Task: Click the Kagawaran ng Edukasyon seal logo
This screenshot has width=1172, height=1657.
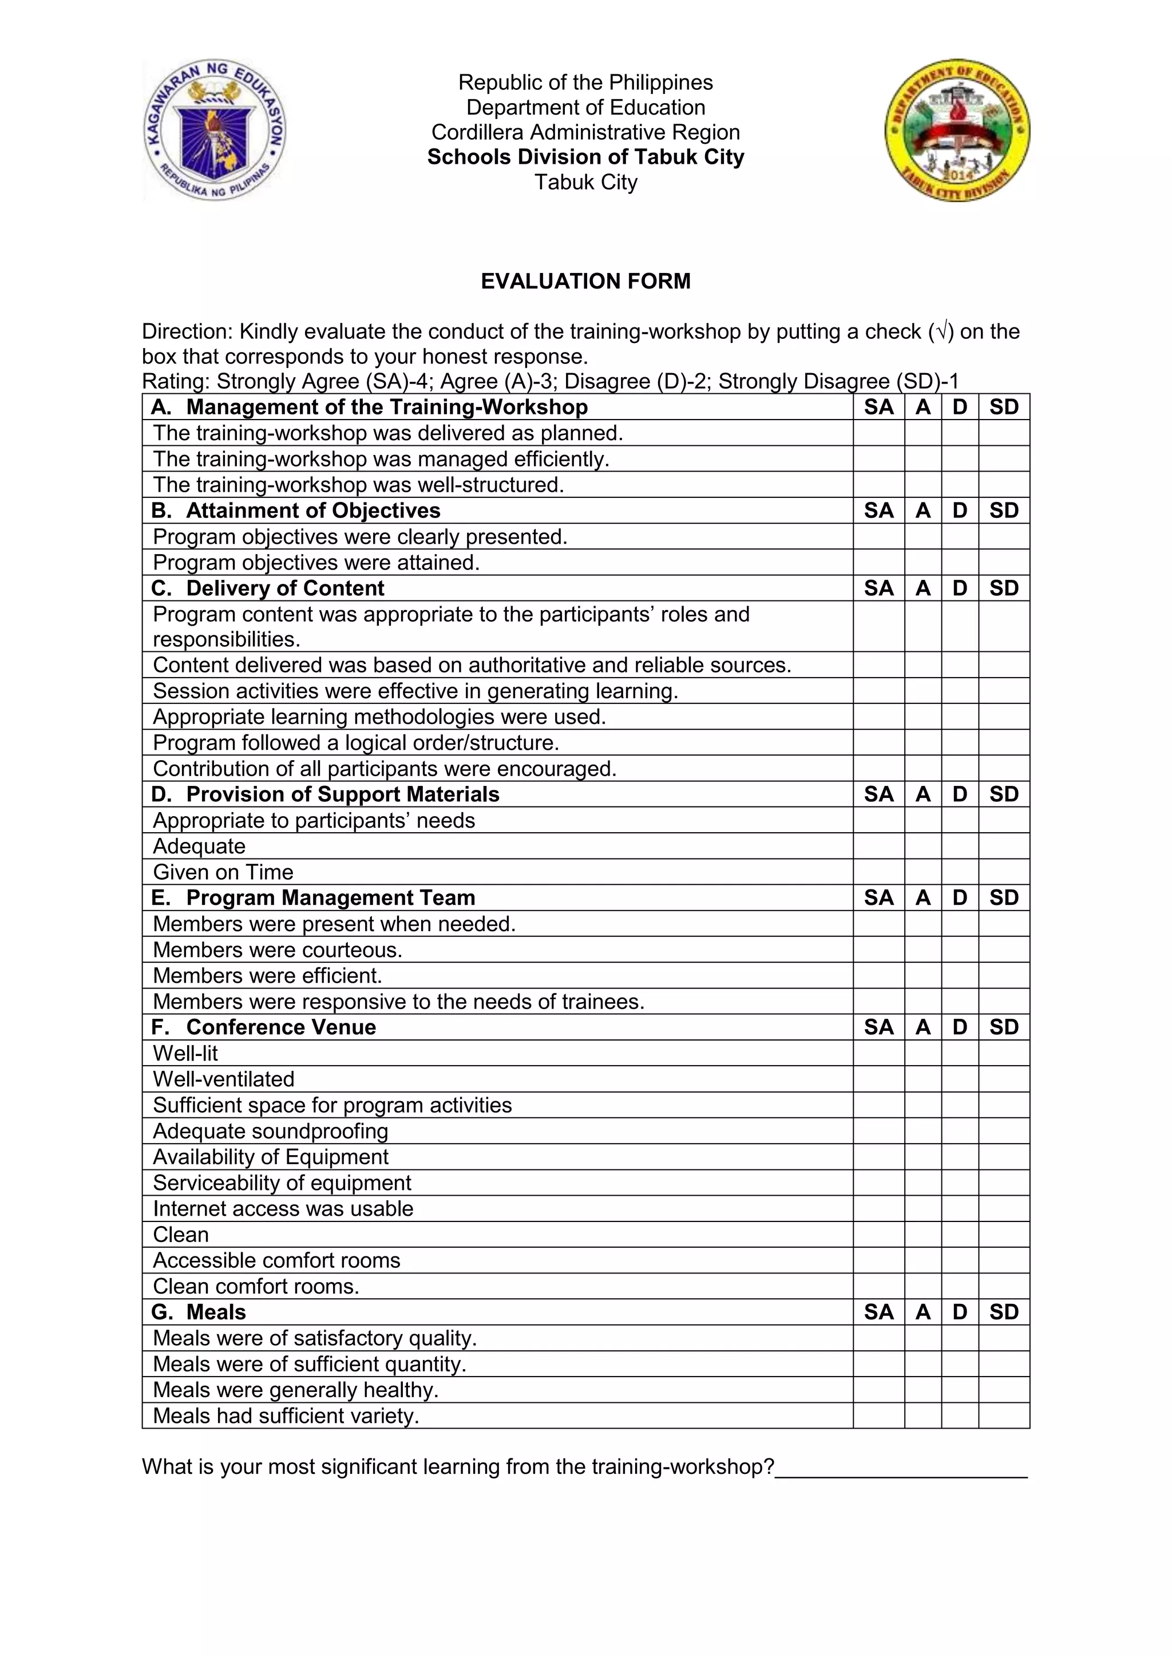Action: coord(215,130)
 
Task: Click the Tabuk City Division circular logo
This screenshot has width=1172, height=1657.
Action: coord(957,130)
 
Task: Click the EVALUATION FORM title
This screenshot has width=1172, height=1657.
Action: coord(585,280)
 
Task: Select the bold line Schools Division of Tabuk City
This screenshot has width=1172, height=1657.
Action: coord(585,157)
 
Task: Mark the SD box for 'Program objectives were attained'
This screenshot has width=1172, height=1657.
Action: coord(1004,562)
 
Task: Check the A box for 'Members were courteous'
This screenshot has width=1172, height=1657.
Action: coord(922,949)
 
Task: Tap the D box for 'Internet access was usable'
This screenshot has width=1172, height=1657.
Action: coord(959,1209)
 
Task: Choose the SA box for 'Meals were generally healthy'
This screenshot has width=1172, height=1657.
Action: coord(878,1389)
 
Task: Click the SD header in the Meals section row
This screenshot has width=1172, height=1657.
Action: coord(1004,1311)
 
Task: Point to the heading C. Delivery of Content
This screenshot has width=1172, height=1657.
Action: coord(268,588)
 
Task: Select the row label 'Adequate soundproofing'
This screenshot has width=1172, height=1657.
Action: coord(271,1131)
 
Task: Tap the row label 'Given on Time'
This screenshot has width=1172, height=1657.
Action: coord(223,872)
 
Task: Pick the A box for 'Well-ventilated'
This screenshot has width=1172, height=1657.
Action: coord(922,1079)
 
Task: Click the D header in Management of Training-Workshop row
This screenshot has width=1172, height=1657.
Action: coord(959,407)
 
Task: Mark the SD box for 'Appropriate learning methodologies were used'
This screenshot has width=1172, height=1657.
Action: coord(1004,717)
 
